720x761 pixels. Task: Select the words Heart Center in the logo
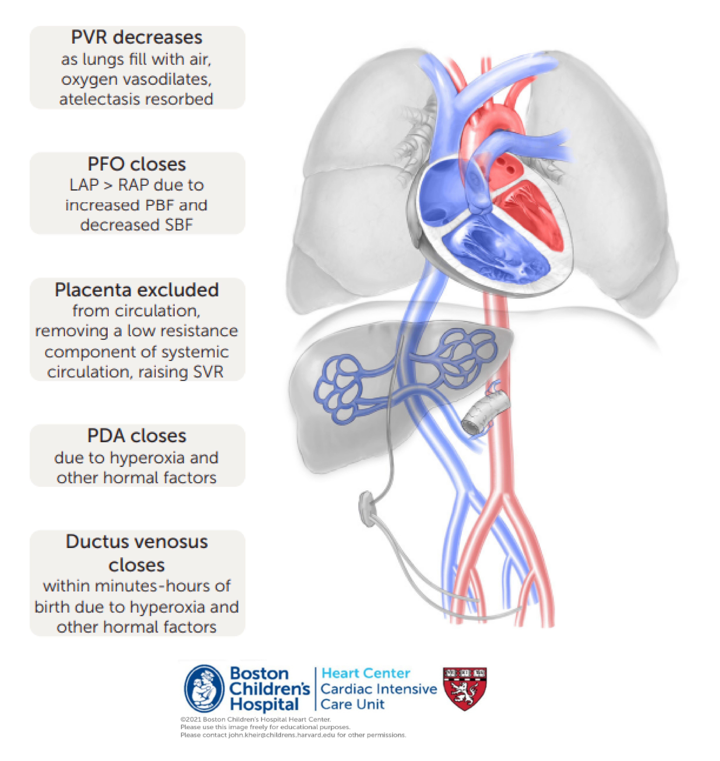365,673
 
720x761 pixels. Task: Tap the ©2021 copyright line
255,719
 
